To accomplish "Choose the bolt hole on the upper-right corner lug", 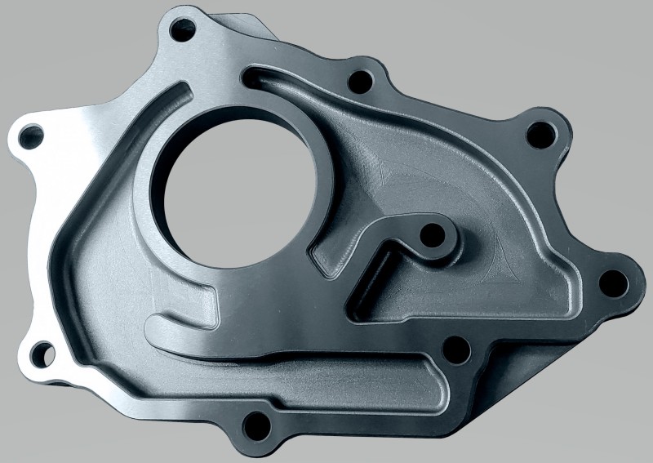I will click(539, 133).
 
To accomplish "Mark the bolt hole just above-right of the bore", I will click(358, 81).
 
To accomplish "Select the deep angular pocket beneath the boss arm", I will click(392, 298).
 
